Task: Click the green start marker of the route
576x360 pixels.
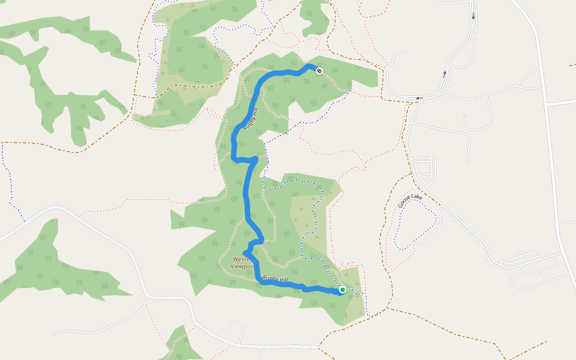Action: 342,290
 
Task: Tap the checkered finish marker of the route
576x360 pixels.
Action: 319,71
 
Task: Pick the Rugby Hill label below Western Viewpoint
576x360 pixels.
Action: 275,279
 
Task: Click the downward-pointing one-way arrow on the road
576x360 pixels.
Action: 473,16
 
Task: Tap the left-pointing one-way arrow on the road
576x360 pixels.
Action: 419,98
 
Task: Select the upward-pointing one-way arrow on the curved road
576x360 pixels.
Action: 445,74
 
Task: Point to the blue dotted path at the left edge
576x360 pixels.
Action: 8,180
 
